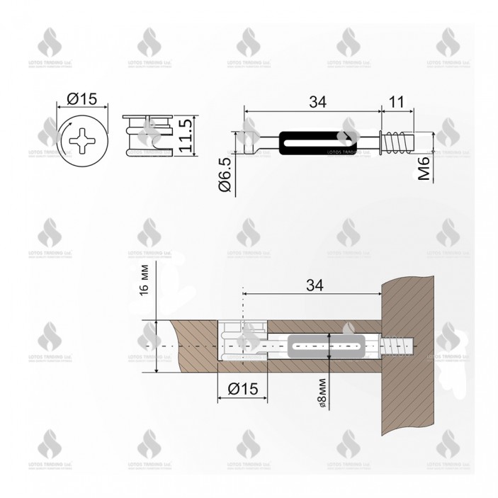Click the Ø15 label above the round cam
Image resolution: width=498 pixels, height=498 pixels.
(84, 99)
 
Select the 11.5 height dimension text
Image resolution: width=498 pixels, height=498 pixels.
(186, 137)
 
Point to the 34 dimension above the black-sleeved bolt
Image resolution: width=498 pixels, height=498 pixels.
(316, 102)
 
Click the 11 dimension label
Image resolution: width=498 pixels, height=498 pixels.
(397, 102)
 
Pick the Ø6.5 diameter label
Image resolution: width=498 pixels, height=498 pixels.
(225, 175)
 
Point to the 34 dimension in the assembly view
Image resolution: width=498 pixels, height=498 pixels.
(315, 285)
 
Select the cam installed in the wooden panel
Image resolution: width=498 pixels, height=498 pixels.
(240, 346)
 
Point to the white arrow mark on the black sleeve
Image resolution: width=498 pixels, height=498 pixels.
(346, 135)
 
